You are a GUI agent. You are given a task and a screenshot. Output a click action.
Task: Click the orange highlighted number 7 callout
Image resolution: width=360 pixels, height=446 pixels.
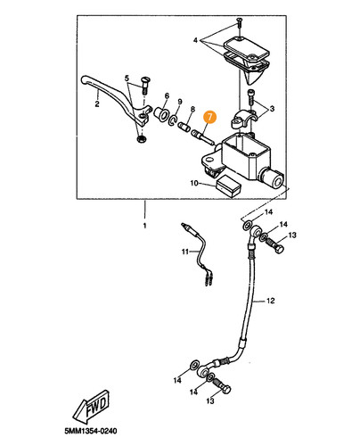pyautogui.click(x=210, y=117)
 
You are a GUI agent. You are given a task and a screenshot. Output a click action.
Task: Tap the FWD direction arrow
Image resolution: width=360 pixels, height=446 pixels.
pyautogui.click(x=92, y=407)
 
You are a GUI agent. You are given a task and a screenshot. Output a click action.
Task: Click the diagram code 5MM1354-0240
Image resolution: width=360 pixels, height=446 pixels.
pyautogui.click(x=91, y=431)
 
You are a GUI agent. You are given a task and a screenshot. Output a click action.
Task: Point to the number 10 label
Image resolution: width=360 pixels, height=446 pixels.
pyautogui.click(x=194, y=183)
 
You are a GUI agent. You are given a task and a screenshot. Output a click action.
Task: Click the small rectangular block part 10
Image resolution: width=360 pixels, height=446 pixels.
pyautogui.click(x=228, y=186)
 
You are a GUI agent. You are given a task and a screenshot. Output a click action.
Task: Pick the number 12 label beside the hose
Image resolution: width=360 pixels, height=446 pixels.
pyautogui.click(x=270, y=301)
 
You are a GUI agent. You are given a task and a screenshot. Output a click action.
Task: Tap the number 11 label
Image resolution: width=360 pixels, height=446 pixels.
pyautogui.click(x=185, y=252)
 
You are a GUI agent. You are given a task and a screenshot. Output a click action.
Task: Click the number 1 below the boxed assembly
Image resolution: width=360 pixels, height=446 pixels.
pyautogui.click(x=144, y=226)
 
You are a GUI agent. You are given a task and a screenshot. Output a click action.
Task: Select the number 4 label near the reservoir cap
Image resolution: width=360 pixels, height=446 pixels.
pyautogui.click(x=195, y=40)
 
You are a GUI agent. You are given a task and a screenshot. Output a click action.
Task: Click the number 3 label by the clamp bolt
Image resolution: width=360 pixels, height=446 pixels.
pyautogui.click(x=272, y=109)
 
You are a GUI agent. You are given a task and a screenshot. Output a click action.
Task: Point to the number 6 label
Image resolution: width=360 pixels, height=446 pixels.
pyautogui.click(x=167, y=95)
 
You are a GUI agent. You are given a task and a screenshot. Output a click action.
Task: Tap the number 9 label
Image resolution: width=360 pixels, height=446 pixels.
pyautogui.click(x=179, y=102)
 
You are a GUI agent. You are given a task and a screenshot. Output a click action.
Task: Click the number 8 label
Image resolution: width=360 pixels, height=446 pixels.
pyautogui.click(x=192, y=109)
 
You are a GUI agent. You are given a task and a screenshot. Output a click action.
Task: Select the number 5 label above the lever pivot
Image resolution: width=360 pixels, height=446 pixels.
pyautogui.click(x=127, y=78)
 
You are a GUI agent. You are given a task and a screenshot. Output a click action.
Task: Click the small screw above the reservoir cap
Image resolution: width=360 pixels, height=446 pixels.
pyautogui.click(x=239, y=22)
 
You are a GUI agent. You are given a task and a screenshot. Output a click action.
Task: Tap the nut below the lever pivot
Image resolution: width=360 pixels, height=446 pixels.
pyautogui.click(x=141, y=138)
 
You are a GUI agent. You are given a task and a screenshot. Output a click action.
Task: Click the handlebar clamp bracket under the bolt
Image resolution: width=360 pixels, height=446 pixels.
pyautogui.click(x=243, y=119)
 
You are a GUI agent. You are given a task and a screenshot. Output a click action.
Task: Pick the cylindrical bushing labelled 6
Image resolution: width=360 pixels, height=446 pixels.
pyautogui.click(x=162, y=114)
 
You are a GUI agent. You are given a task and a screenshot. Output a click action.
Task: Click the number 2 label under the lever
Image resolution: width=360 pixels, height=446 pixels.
pyautogui.click(x=97, y=104)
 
